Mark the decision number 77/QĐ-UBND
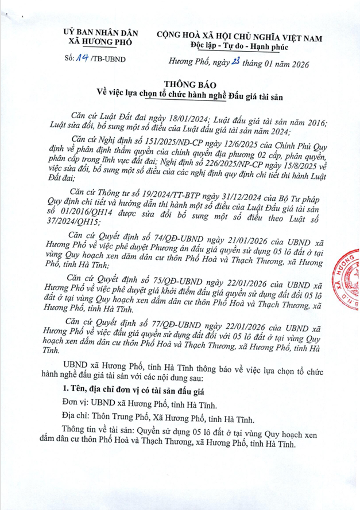coord(160,322)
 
